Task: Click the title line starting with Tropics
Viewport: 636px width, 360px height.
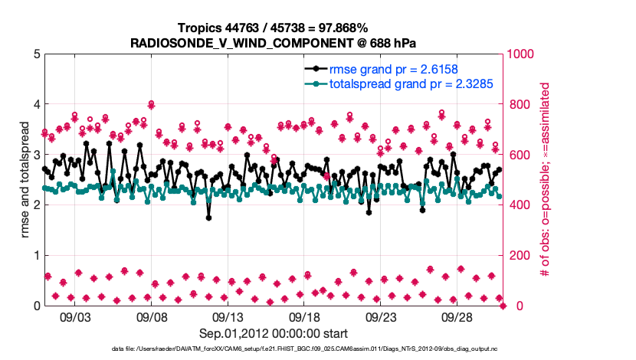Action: tap(274, 28)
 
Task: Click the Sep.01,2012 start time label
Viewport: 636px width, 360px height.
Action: tap(274, 333)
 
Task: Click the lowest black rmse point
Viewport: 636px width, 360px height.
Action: tap(208, 218)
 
